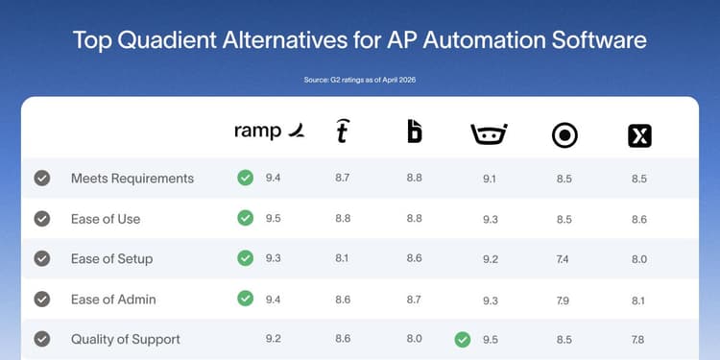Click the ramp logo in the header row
[271, 132]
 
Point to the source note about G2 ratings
[360, 80]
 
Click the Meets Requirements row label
[132, 179]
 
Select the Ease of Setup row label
[112, 259]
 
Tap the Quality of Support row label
[126, 339]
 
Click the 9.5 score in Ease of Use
[275, 219]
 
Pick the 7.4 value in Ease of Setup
[564, 259]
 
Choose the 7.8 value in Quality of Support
[639, 339]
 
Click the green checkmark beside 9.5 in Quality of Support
[463, 339]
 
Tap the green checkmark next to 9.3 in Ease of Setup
[246, 259]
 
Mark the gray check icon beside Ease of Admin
[42, 299]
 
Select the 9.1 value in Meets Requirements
[490, 179]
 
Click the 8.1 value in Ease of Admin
[639, 299]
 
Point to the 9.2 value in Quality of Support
[275, 339]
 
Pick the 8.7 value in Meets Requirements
[342, 179]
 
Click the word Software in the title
[588, 41]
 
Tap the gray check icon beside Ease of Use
[42, 219]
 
